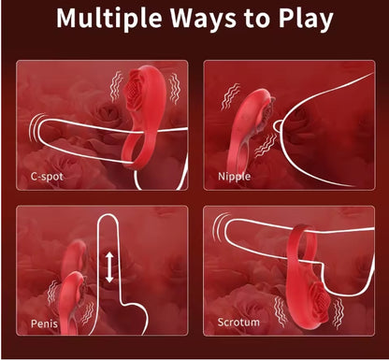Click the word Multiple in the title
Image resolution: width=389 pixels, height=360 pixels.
[109, 19]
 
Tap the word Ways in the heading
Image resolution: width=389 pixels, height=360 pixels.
[205, 19]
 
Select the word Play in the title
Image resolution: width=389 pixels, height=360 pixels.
[306, 19]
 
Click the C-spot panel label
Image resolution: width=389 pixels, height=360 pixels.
[47, 177]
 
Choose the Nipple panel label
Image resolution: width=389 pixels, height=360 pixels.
[235, 177]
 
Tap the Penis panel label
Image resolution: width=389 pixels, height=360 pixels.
[44, 324]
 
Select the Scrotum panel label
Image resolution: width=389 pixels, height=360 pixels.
[238, 322]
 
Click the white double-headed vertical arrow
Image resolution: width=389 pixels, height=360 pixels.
[109, 267]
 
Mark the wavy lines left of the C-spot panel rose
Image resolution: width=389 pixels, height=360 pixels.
[117, 86]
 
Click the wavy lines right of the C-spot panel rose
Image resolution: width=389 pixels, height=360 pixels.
[175, 89]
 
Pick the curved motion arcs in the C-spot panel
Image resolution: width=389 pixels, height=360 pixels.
[34, 128]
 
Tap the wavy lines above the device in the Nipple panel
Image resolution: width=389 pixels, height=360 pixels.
[230, 96]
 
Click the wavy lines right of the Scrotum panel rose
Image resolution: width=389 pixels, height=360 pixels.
[338, 313]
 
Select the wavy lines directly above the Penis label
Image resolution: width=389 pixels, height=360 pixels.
[52, 293]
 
